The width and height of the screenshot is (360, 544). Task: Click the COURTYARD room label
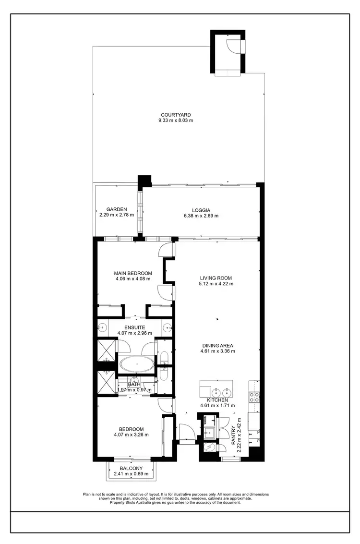pyautogui.click(x=176, y=115)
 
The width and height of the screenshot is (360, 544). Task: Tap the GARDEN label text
pyautogui.click(x=117, y=209)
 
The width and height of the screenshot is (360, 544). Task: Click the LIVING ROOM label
pyautogui.click(x=216, y=278)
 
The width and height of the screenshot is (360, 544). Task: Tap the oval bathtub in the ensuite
pyautogui.click(x=137, y=364)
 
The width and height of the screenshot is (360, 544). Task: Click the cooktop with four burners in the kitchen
pyautogui.click(x=254, y=397)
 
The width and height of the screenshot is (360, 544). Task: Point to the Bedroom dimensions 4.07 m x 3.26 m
pyautogui.click(x=131, y=435)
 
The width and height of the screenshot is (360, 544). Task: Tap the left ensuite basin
pyautogui.click(x=102, y=328)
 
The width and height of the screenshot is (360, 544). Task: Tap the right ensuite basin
pyautogui.click(x=168, y=328)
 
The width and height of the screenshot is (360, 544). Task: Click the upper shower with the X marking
pyautogui.click(x=107, y=350)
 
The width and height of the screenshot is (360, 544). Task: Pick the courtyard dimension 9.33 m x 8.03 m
pyautogui.click(x=176, y=121)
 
